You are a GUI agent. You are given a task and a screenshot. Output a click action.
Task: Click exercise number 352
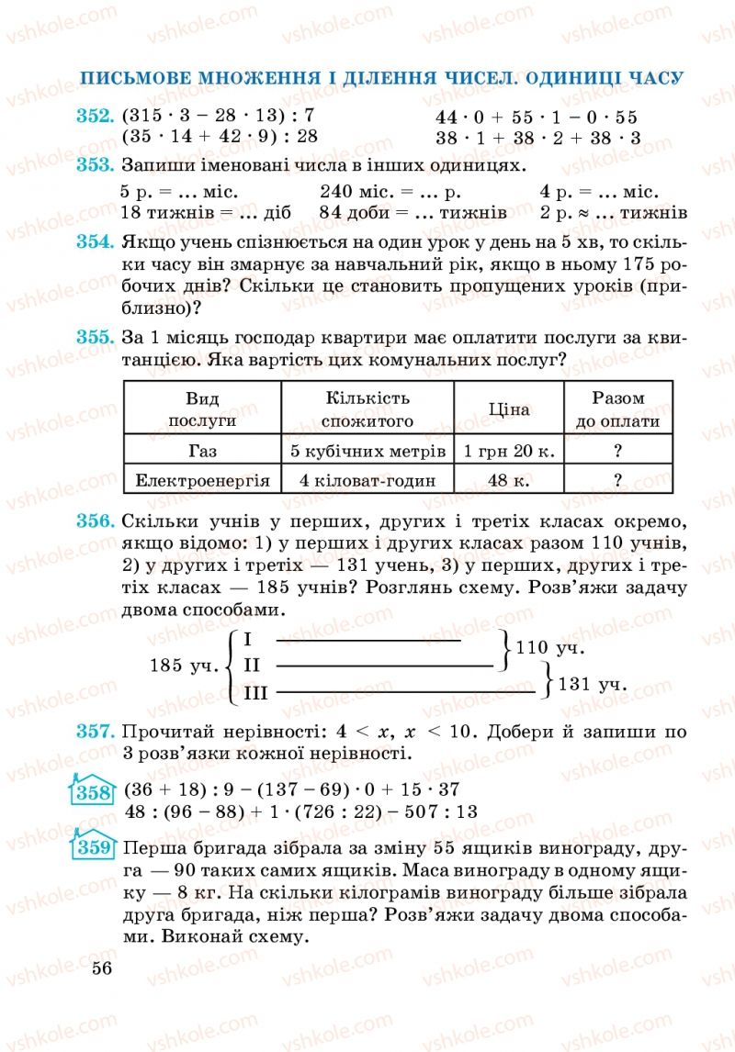tap(95, 117)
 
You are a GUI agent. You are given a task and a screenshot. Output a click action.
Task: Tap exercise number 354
tap(95, 242)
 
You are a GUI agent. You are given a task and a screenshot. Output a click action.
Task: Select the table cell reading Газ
tap(202, 451)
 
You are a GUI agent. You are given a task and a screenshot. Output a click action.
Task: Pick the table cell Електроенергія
tap(202, 480)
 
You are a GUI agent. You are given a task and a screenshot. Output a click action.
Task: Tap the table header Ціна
tap(508, 410)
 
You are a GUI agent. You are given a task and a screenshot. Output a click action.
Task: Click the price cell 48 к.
tap(508, 480)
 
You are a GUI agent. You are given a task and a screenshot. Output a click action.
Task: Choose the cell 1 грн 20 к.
tap(508, 451)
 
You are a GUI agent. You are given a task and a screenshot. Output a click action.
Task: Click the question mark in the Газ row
tap(618, 451)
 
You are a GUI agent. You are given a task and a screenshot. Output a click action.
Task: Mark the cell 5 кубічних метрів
tap(367, 451)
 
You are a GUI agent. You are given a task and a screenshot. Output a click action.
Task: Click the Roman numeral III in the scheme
tap(255, 693)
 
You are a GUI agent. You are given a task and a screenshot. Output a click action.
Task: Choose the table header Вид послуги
tap(202, 410)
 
